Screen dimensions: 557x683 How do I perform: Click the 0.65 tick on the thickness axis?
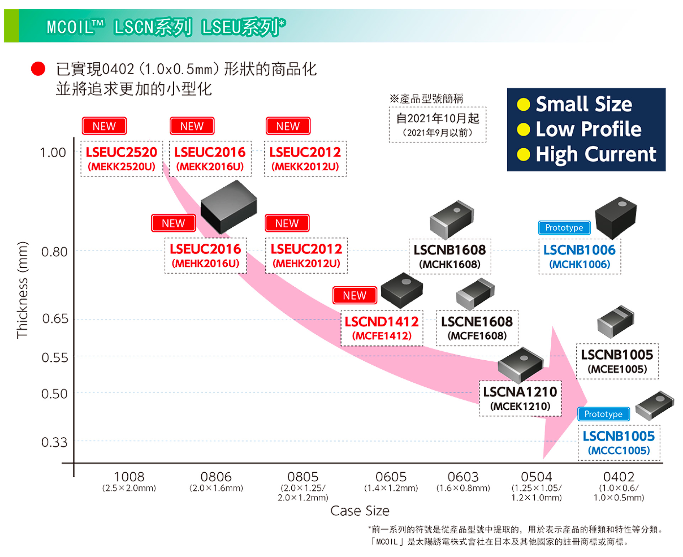pyautogui.click(x=55, y=318)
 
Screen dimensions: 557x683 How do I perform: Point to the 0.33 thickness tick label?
pyautogui.click(x=54, y=442)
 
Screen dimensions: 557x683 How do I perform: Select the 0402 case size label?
pyautogui.click(x=619, y=477)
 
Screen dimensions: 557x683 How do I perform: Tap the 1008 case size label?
pyautogui.click(x=129, y=477)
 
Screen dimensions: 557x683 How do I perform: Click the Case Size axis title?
pyautogui.click(x=360, y=510)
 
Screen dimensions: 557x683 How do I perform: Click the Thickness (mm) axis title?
pyautogui.click(x=22, y=290)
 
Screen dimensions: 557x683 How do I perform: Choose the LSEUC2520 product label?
pyautogui.click(x=121, y=152)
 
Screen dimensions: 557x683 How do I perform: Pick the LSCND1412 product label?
pyautogui.click(x=382, y=322)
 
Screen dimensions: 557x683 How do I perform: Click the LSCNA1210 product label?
pyautogui.click(x=520, y=392)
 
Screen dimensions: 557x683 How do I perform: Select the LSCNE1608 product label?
pyautogui.click(x=477, y=322)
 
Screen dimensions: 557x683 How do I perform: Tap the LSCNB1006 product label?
pyautogui.click(x=579, y=250)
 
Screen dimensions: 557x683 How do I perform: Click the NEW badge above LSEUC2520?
pyautogui.click(x=104, y=126)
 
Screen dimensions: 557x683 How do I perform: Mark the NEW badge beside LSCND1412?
pyautogui.click(x=355, y=295)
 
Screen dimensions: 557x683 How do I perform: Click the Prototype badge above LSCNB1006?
pyautogui.click(x=564, y=228)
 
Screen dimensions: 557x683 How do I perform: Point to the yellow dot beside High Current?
pyautogui.click(x=523, y=154)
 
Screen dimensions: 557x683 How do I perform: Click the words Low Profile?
pyautogui.click(x=588, y=129)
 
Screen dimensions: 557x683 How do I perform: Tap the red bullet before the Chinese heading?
pyautogui.click(x=38, y=69)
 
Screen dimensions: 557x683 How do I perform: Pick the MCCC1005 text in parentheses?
pyautogui.click(x=619, y=450)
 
